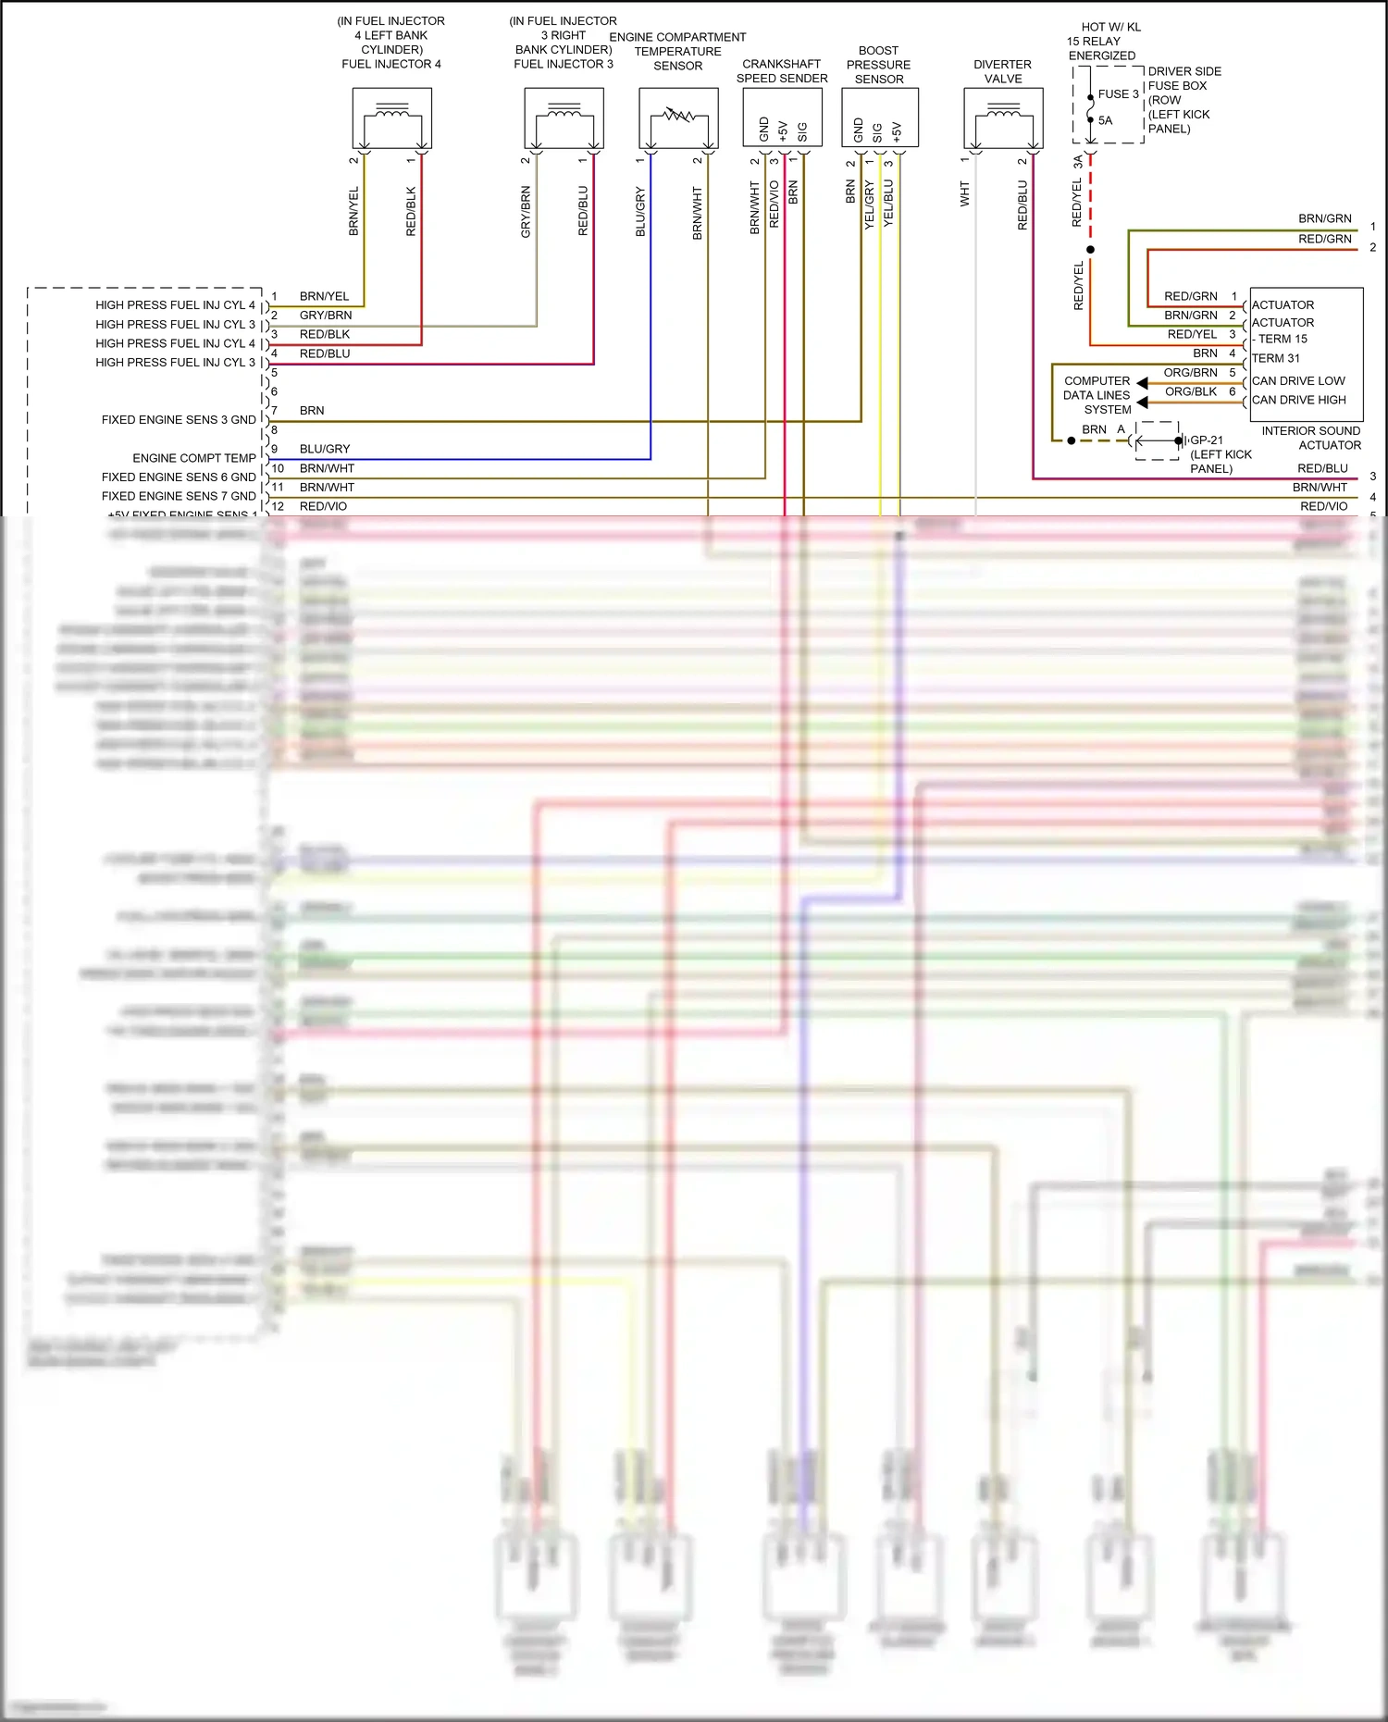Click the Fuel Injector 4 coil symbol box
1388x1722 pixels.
tap(392, 118)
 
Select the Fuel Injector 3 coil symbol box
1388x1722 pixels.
tap(564, 118)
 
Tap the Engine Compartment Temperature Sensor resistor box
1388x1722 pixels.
tap(678, 118)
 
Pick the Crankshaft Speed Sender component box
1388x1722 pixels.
tap(782, 118)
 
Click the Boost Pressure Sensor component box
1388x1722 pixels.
tap(879, 118)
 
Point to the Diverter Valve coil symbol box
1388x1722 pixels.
tap(1003, 118)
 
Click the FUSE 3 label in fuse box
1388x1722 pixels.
tap(1118, 93)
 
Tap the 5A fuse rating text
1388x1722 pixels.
tap(1105, 120)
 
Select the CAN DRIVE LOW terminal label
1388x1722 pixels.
tap(1298, 380)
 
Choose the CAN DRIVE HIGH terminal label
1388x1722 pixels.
tap(1299, 400)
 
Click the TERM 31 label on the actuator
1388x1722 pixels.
tap(1275, 358)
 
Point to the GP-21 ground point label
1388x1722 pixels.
tap(1207, 440)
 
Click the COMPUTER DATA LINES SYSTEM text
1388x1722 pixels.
tap(1097, 395)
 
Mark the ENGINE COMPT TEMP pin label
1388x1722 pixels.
tap(194, 458)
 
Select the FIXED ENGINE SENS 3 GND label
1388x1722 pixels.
tap(179, 420)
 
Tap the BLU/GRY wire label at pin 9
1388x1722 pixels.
tap(325, 449)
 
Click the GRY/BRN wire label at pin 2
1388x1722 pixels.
tap(326, 316)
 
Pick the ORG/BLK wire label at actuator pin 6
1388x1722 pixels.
tap(1191, 391)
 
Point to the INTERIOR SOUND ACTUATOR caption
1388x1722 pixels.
tap(1311, 438)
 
